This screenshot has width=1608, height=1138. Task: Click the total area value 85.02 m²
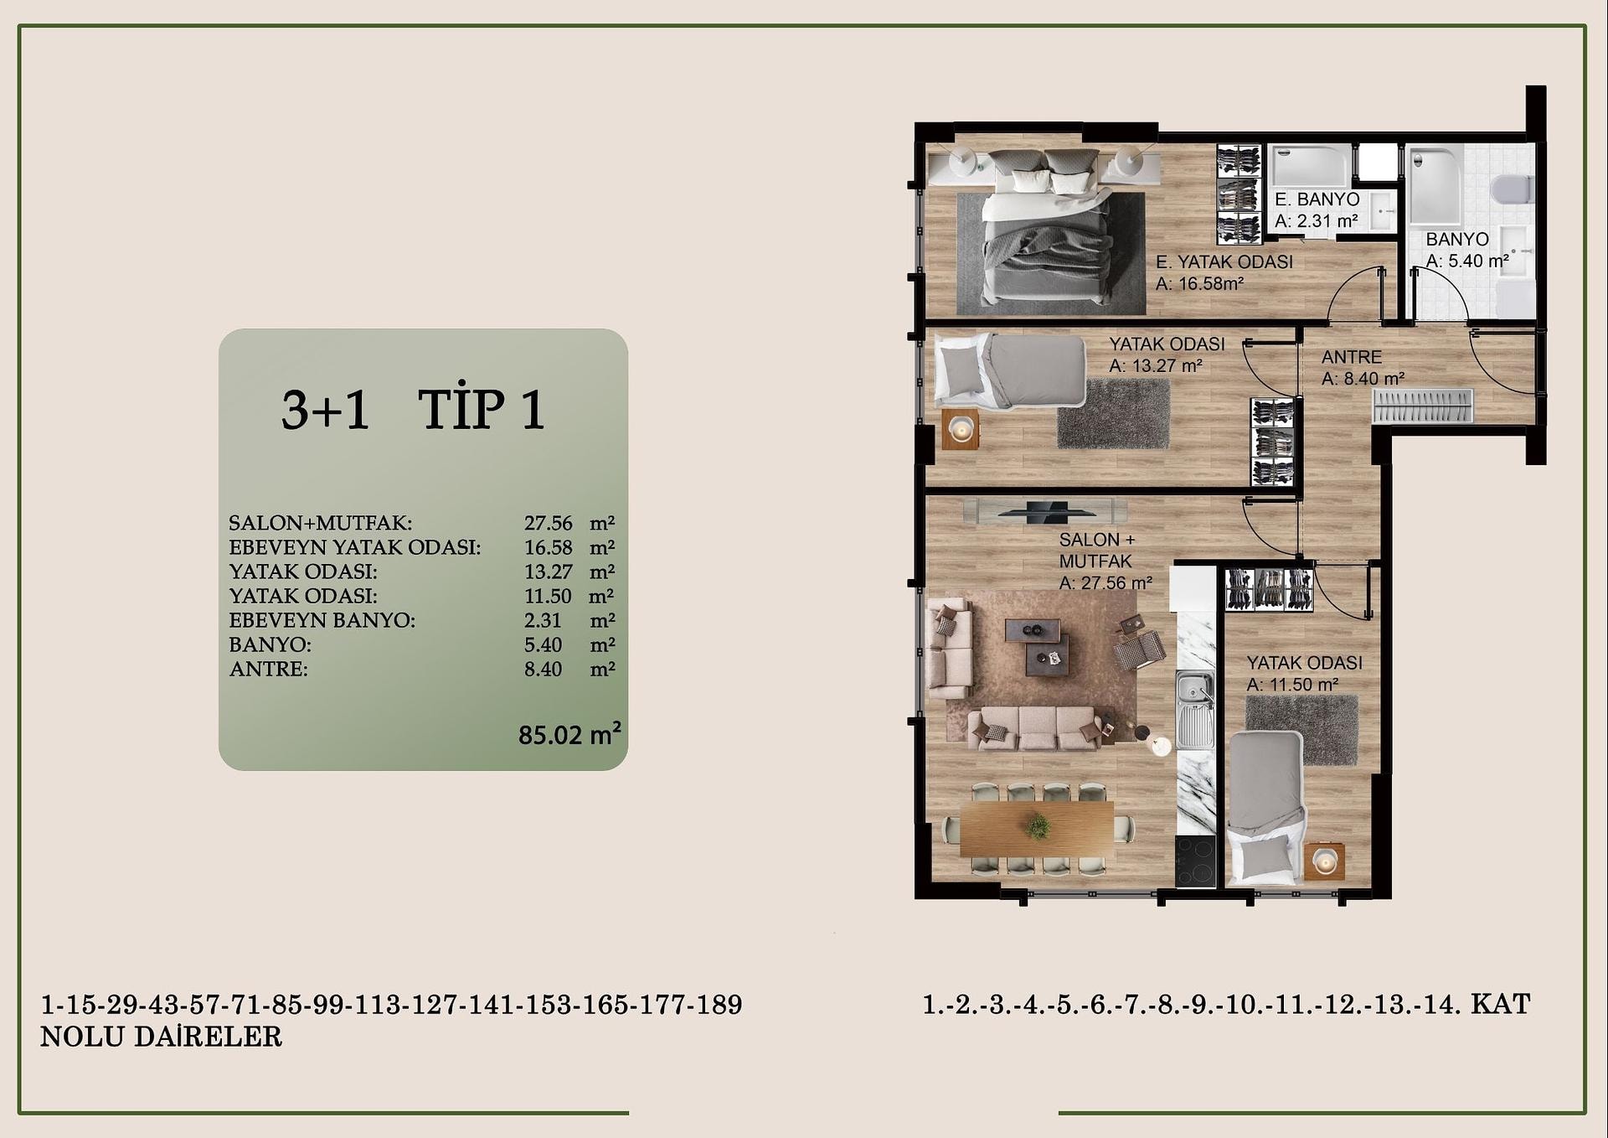pos(569,734)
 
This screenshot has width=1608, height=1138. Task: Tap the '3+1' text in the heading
pos(325,410)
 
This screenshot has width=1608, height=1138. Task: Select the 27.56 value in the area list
pos(549,523)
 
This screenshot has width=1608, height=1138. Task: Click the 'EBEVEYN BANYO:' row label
pos(322,620)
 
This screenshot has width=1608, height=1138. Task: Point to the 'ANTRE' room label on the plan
pos(1352,357)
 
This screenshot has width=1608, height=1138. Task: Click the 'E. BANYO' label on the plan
pos(1317,199)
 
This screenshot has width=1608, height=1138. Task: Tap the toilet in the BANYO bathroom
pos(1513,189)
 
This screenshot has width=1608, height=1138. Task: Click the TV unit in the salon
pos(1044,510)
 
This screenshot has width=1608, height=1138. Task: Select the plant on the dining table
pos(1038,826)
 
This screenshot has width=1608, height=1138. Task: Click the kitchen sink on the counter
pos(1194,709)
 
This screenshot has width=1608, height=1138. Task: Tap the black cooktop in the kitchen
pos(1195,861)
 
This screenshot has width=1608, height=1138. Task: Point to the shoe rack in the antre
pos(1422,406)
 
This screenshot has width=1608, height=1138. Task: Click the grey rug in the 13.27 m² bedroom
pos(1114,414)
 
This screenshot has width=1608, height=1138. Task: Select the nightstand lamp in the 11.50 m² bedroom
pos(1324,861)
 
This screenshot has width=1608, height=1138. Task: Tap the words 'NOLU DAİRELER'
pos(162,1037)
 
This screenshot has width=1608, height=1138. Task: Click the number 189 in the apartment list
pos(719,1005)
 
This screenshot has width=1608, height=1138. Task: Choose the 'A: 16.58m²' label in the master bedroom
pos(1199,284)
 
